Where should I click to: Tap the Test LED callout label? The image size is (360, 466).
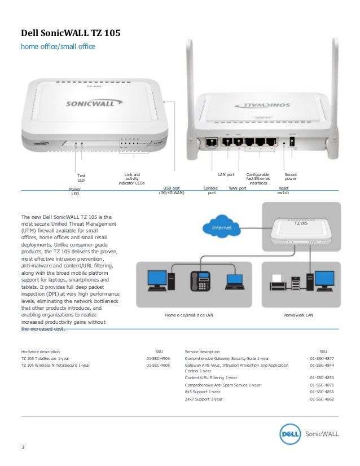click(81, 178)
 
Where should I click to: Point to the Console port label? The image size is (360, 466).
click(212, 190)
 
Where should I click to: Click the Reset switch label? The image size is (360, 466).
click(284, 190)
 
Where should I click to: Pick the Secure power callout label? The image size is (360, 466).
click(291, 177)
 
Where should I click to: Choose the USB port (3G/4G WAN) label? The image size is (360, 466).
click(172, 190)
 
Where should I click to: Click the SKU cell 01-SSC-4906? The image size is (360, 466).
click(159, 358)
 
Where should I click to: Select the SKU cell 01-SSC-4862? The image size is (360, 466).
click(322, 399)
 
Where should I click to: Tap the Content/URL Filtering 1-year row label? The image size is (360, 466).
click(211, 377)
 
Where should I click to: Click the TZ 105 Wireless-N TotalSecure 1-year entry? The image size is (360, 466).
click(55, 365)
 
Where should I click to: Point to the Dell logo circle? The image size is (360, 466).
click(291, 434)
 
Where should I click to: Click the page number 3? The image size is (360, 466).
click(22, 448)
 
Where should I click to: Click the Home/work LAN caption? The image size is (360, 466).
click(298, 315)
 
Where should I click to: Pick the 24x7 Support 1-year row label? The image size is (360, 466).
click(204, 399)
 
